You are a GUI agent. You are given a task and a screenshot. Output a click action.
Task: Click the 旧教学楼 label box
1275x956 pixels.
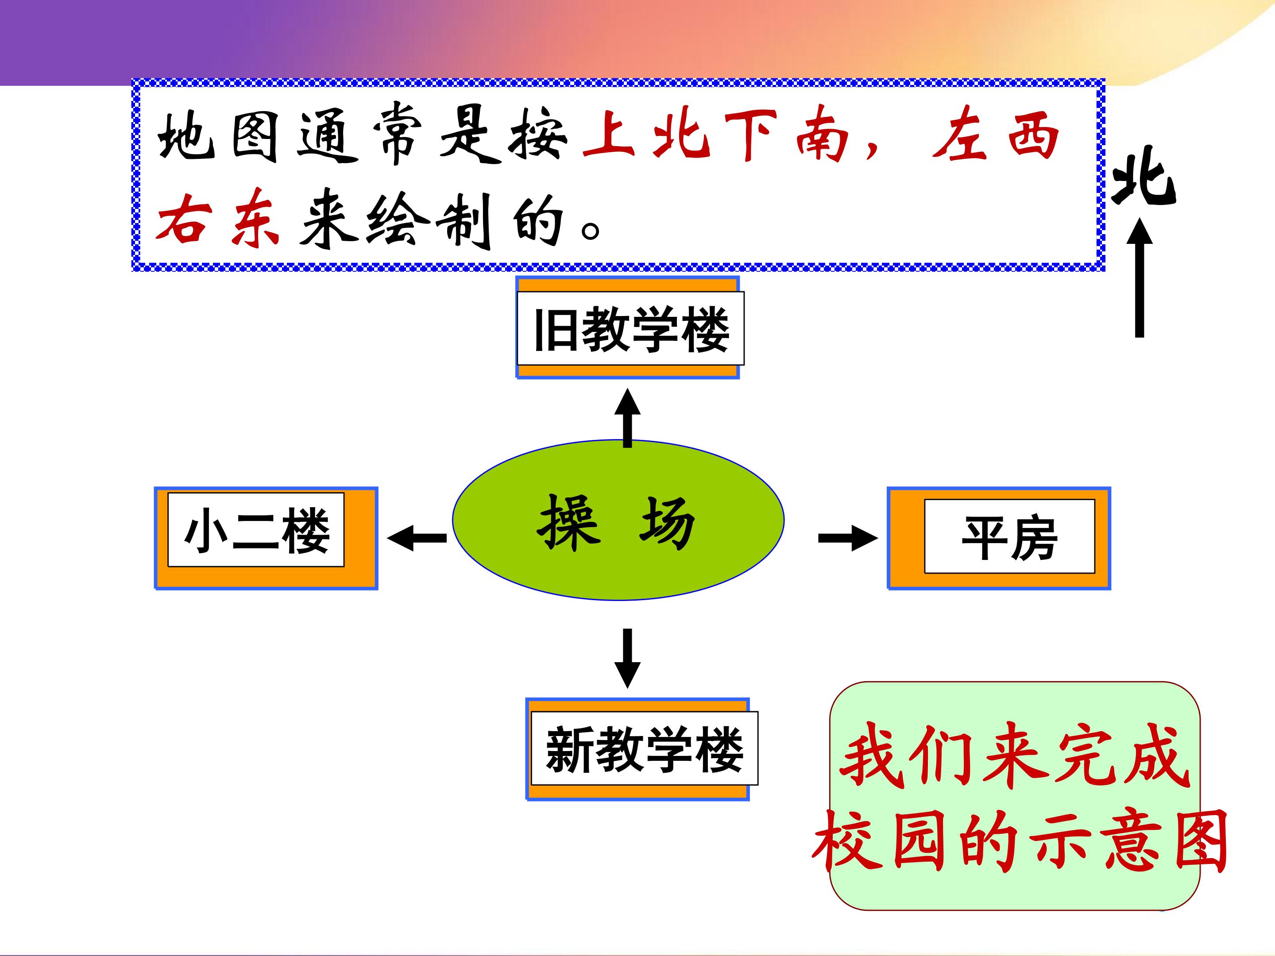[x=630, y=328]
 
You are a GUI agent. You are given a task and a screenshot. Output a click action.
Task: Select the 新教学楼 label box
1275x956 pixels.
[x=645, y=748]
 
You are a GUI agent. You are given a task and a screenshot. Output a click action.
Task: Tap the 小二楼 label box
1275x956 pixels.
[x=256, y=530]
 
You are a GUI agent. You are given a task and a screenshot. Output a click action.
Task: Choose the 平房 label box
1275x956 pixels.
[x=1009, y=536]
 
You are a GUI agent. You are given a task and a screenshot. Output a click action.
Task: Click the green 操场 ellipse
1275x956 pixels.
[x=618, y=520]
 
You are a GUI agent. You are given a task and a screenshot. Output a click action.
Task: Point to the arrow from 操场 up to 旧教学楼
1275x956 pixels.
[x=628, y=418]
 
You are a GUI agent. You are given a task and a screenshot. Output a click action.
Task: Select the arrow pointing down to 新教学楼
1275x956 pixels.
[x=628, y=658]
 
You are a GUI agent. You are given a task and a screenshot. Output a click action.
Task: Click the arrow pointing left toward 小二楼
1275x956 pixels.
[x=417, y=538]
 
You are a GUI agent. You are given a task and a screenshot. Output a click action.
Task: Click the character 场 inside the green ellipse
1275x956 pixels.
[x=668, y=523]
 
